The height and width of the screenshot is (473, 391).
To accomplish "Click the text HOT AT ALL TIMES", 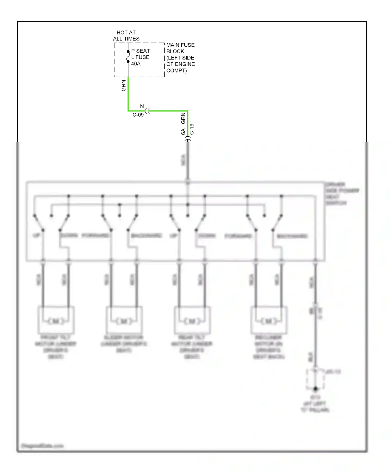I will pyautogui.click(x=126, y=36).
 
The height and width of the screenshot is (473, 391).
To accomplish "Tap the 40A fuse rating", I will pyautogui.click(x=136, y=64).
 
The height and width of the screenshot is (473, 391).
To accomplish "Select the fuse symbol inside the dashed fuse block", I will pyautogui.click(x=128, y=57).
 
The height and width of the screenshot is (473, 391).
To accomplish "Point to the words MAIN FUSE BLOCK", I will pyautogui.click(x=180, y=48).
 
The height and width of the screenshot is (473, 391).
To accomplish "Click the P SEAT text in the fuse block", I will pyautogui.click(x=140, y=51).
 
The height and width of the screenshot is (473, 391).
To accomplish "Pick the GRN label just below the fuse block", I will pyautogui.click(x=124, y=86).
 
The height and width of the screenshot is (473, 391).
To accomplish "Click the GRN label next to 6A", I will pyautogui.click(x=183, y=118).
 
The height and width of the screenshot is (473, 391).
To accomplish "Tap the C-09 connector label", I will pyautogui.click(x=138, y=115).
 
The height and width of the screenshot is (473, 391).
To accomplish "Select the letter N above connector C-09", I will pyautogui.click(x=142, y=106).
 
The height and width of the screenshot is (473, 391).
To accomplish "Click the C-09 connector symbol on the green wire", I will pyautogui.click(x=147, y=111).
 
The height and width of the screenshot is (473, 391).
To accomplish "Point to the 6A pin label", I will pyautogui.click(x=183, y=132).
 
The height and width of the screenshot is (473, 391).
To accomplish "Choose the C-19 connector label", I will pyautogui.click(x=192, y=129).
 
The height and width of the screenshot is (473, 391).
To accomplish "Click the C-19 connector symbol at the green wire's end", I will pyautogui.click(x=188, y=140).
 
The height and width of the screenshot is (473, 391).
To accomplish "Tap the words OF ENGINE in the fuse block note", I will pyautogui.click(x=181, y=64).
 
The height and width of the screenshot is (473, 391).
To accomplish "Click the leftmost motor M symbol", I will pyautogui.click(x=56, y=321).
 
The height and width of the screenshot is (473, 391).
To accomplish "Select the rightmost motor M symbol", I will pyautogui.click(x=268, y=321).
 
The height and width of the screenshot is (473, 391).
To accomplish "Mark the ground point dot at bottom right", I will pyautogui.click(x=315, y=389).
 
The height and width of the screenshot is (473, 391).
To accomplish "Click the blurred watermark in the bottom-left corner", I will pyautogui.click(x=42, y=446).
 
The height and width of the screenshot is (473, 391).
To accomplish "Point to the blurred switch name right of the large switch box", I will pyautogui.click(x=341, y=193).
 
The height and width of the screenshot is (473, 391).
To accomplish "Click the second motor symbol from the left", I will pyautogui.click(x=124, y=321).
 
